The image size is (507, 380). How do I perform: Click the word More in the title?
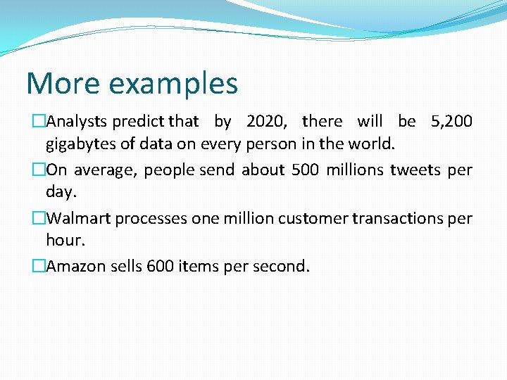[62, 83]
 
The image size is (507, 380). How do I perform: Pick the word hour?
[65, 241]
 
